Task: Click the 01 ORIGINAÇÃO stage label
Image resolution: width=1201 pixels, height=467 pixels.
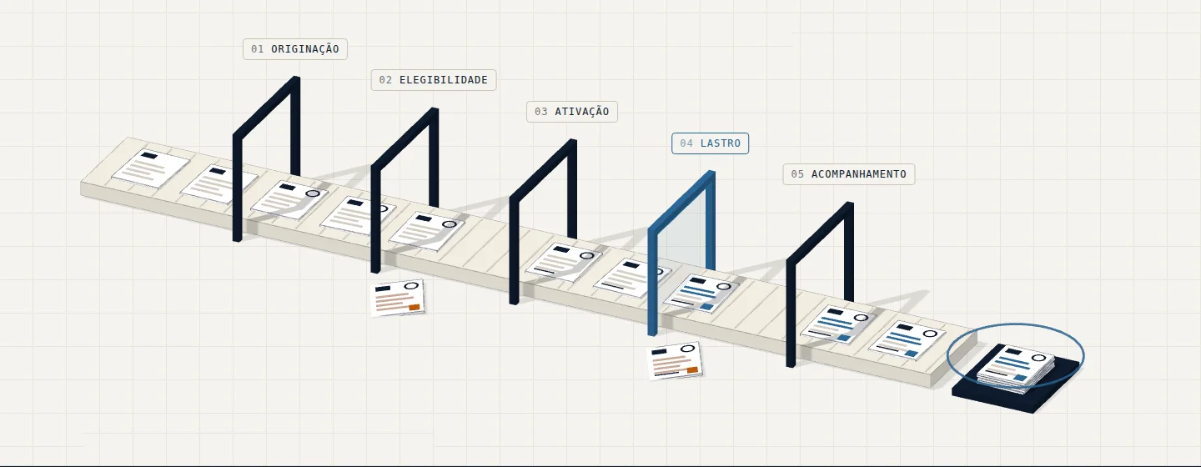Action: click(295, 49)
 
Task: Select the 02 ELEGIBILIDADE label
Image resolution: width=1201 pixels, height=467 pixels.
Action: click(433, 80)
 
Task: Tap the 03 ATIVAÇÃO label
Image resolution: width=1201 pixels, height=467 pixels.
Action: click(571, 112)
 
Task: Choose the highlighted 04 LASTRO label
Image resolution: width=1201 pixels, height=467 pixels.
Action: click(710, 143)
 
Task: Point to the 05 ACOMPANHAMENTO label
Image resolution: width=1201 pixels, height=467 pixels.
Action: click(849, 174)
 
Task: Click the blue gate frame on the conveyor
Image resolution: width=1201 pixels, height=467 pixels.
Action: click(652, 279)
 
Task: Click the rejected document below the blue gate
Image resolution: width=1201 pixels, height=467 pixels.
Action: click(676, 361)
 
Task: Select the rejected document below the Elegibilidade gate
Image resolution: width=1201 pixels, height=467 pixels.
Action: click(398, 298)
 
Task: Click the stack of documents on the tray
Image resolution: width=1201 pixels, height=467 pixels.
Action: click(1016, 368)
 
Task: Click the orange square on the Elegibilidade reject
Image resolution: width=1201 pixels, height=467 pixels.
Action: click(414, 307)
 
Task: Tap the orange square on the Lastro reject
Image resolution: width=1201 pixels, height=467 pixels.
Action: click(692, 370)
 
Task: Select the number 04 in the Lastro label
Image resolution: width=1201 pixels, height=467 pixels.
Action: click(686, 143)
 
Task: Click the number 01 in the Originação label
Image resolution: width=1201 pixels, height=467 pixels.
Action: click(258, 49)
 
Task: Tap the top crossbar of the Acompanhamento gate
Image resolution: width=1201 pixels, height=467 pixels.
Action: click(820, 232)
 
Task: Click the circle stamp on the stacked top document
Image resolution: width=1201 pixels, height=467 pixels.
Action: click(1039, 358)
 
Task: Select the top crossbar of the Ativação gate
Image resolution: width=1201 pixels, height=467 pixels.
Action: click(543, 169)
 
